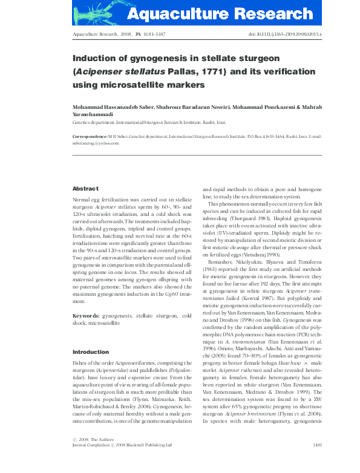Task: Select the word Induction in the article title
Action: [x=95, y=59]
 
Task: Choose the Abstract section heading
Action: [x=85, y=189]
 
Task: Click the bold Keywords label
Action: [x=86, y=316]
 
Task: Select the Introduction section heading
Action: [x=91, y=352]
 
